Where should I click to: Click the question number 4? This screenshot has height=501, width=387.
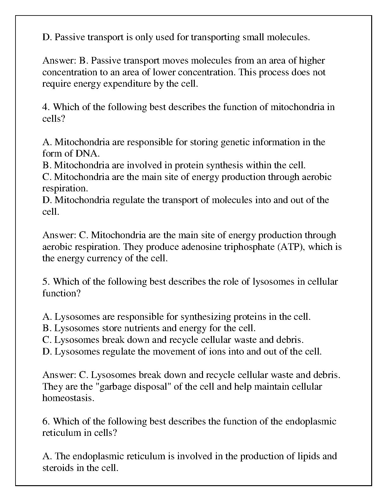pyautogui.click(x=45, y=107)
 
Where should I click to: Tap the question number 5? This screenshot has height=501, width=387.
pyautogui.click(x=45, y=282)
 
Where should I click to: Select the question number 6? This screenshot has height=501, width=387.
pyautogui.click(x=45, y=422)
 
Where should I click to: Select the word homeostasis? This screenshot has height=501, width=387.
pyautogui.click(x=68, y=398)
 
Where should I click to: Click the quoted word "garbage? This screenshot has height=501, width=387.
pyautogui.click(x=113, y=387)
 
